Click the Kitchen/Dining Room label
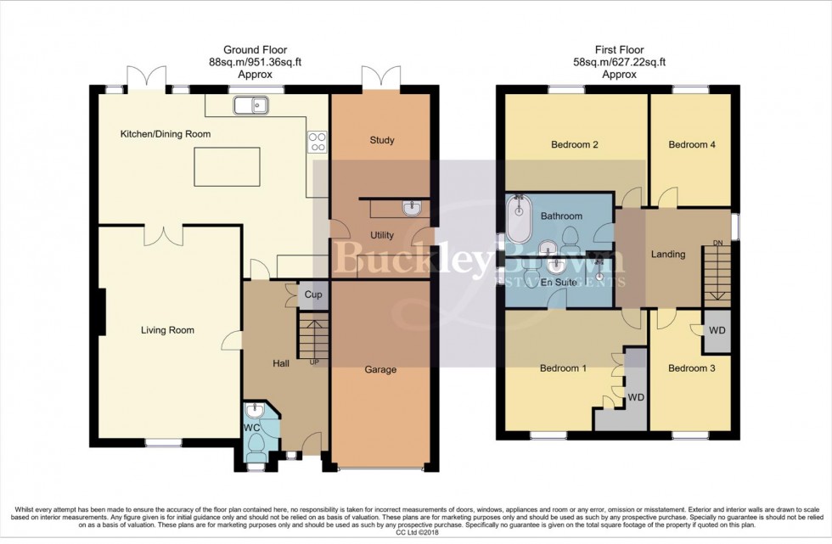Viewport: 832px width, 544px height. point(165,134)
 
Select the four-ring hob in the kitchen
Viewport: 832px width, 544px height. point(318,142)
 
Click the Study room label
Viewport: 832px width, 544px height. point(382,140)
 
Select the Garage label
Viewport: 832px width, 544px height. point(381,369)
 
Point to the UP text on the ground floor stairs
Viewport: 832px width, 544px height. point(315,362)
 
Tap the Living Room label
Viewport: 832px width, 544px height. point(167,330)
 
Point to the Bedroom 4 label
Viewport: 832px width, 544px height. point(691,144)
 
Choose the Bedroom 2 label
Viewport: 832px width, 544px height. point(575,144)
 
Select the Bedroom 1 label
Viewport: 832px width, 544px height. point(564,368)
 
